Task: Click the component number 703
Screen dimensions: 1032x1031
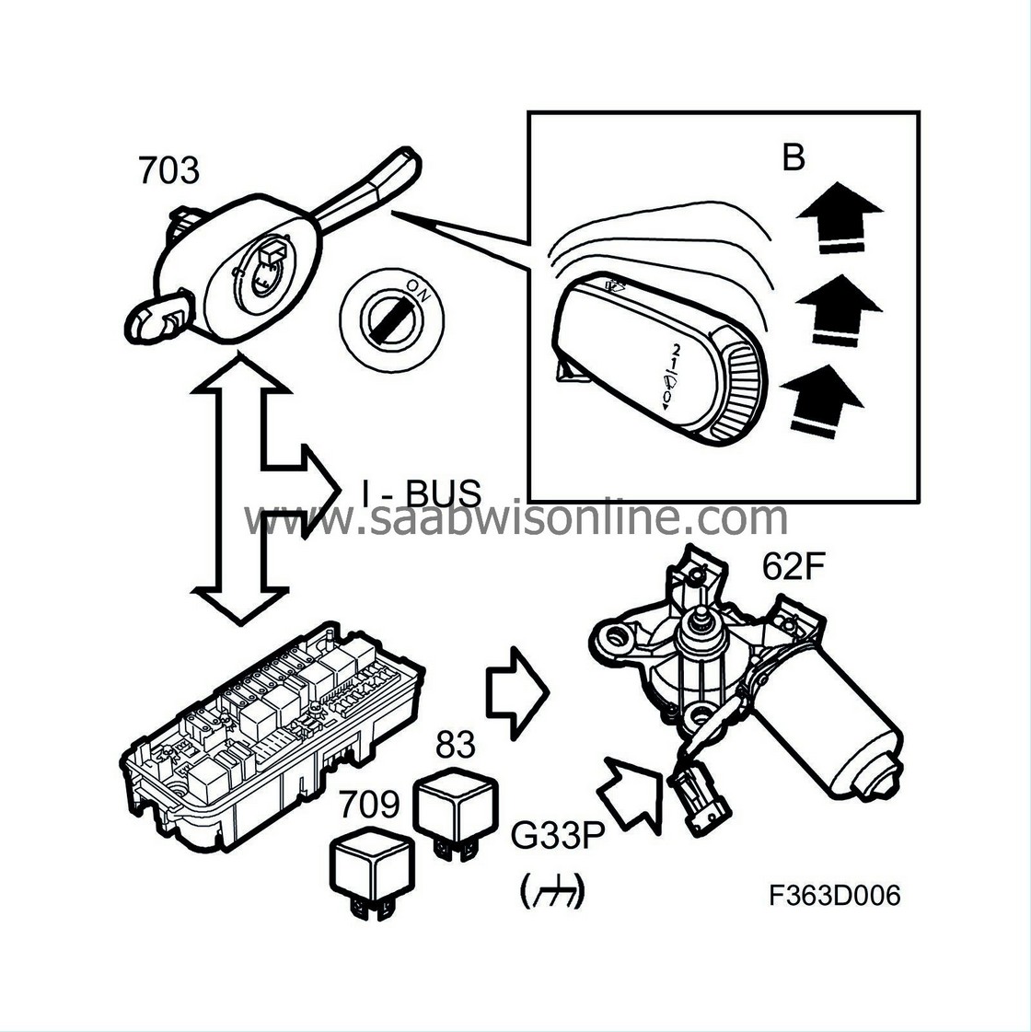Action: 168,170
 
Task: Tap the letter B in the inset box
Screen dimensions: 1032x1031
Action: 793,157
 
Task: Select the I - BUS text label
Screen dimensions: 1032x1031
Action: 421,493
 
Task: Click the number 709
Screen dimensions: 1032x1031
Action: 369,806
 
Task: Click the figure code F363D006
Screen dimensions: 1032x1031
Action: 835,895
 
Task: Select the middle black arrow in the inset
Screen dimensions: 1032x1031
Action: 838,309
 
